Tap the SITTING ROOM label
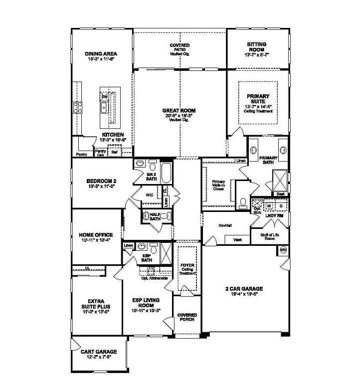pyautogui.click(x=257, y=44)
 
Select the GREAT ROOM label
pyautogui.click(x=179, y=110)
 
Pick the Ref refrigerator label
pyautogui.click(x=115, y=152)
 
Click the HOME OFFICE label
pyautogui.click(x=96, y=234)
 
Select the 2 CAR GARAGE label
pyautogui.click(x=244, y=289)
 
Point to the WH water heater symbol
pyautogui.click(x=284, y=249)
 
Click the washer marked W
pyautogui.click(x=268, y=205)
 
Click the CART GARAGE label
pyautogui.click(x=99, y=352)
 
